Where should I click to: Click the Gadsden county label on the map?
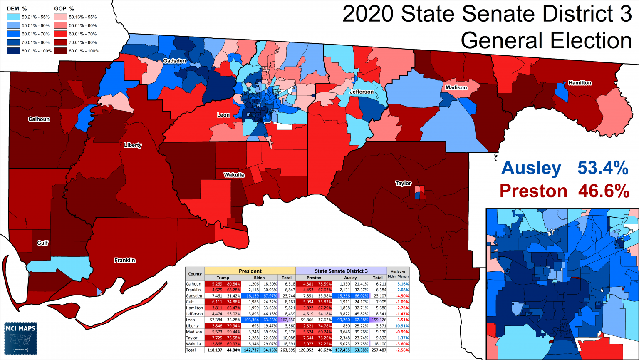[174, 61]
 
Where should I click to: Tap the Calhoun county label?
[39, 119]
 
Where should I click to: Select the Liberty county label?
[133, 146]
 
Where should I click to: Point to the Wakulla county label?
[234, 175]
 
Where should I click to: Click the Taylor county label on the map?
[403, 184]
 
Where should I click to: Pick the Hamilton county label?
[580, 83]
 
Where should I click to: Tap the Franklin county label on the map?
[125, 261]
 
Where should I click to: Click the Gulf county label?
[42, 243]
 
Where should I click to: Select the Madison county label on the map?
[456, 88]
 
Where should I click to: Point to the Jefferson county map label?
[362, 92]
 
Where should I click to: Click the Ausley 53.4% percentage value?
[602, 169]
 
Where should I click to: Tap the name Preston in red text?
[533, 191]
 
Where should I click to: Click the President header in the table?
[250, 271]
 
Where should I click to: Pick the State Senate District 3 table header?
[341, 271]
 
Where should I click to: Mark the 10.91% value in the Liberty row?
[398, 326]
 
